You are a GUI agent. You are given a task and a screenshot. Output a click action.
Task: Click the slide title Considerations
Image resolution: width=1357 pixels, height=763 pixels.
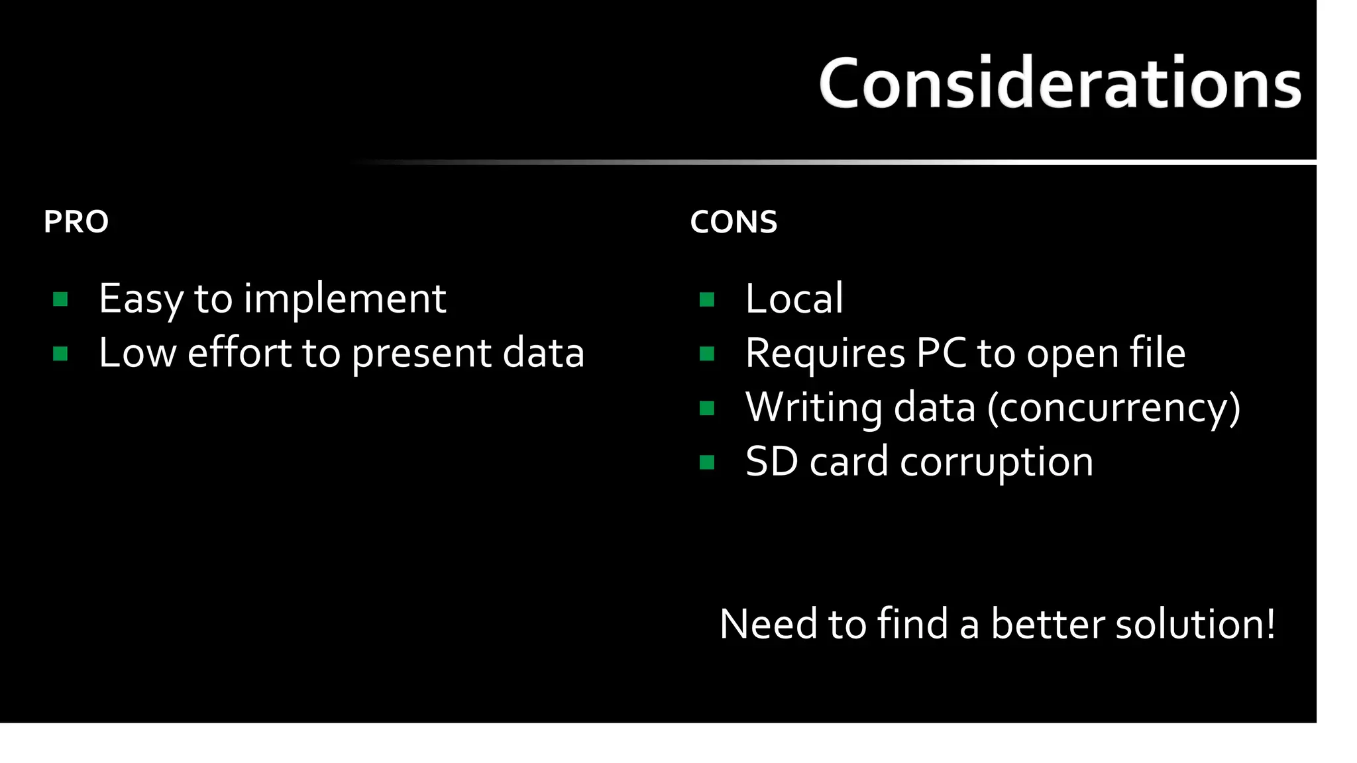click(x=1060, y=83)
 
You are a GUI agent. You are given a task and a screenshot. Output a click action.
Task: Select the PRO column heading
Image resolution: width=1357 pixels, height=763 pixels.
click(x=76, y=222)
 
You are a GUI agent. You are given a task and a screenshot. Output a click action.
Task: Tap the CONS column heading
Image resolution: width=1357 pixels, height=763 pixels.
click(x=733, y=222)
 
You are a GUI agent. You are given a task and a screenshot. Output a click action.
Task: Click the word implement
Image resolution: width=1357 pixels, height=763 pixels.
click(x=345, y=299)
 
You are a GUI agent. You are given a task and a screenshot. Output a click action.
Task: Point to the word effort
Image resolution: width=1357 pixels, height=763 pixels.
click(x=239, y=352)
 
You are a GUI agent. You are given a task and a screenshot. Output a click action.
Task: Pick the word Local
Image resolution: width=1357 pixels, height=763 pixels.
click(x=794, y=299)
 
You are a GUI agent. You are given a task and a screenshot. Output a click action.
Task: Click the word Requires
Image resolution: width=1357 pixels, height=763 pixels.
click(x=825, y=353)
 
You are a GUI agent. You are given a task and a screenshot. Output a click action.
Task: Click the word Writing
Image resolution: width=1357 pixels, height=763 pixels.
click(x=814, y=407)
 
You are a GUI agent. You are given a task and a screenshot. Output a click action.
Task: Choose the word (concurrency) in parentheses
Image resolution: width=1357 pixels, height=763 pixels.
click(x=1113, y=408)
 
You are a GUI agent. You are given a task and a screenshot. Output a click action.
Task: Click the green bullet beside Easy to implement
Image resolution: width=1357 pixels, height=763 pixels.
click(x=60, y=300)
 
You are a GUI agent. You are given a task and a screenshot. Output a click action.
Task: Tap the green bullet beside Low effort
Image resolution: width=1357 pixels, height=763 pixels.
click(x=60, y=354)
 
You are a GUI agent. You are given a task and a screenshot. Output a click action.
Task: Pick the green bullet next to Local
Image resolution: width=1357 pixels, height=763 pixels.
click(x=707, y=300)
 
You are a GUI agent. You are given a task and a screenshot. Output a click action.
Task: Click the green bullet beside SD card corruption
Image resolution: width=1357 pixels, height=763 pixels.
click(x=707, y=462)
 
